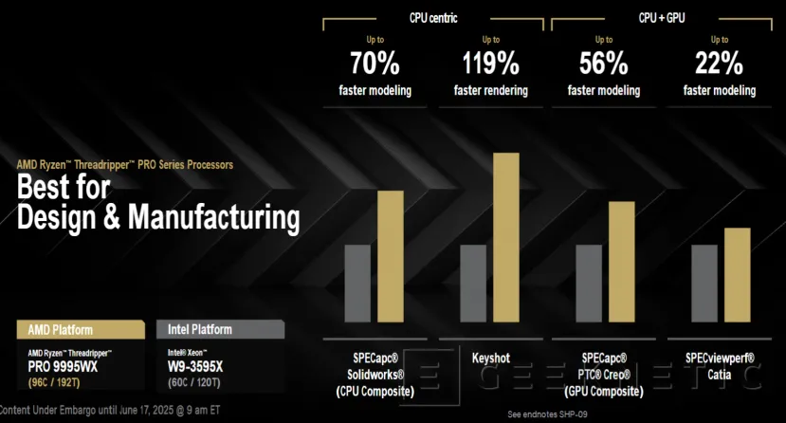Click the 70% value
pos(375,65)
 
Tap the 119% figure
pos(491,65)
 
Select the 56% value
pos(603,65)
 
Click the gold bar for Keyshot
pos(506,237)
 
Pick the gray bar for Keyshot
pos(473,284)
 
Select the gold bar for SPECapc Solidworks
pos(391,256)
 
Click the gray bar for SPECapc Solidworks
pos(356,284)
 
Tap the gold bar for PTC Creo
pos(622,262)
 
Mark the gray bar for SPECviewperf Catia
pos(704,284)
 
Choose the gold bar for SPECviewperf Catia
pos(737,275)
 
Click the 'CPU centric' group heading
pos(433,16)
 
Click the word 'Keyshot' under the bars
pos(491,358)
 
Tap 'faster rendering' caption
pos(491,91)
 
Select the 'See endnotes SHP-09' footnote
pos(549,414)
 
